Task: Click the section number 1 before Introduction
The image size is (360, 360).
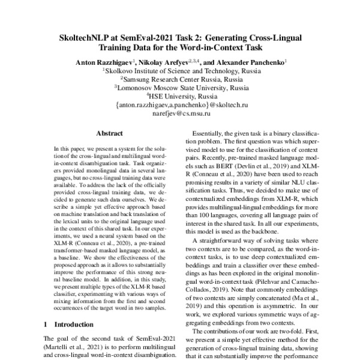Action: click(x=46, y=324)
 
